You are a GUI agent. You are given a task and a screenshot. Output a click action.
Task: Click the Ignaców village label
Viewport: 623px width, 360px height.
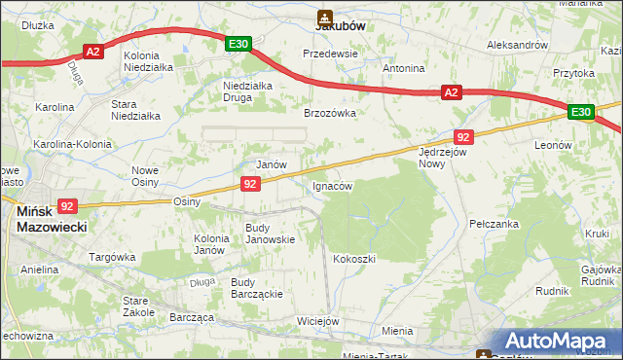point(332,185)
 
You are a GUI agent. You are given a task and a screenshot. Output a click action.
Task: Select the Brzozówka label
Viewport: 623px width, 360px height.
point(330,113)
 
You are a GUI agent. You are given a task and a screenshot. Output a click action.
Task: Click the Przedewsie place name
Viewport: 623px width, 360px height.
point(331,54)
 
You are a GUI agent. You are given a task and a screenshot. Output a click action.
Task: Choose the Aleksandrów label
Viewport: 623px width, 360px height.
point(518,45)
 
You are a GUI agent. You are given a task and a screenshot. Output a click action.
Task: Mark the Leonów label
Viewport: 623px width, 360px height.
point(553,145)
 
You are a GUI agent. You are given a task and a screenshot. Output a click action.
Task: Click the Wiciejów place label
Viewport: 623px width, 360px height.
point(317,321)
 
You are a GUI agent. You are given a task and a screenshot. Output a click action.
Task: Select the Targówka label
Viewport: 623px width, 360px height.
point(112,257)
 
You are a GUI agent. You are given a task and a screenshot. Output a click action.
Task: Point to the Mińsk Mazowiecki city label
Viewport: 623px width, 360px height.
point(52,219)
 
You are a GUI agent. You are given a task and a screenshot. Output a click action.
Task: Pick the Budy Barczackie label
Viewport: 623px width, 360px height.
point(256,289)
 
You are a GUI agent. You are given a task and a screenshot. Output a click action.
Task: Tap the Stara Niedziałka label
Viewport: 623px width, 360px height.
point(135,109)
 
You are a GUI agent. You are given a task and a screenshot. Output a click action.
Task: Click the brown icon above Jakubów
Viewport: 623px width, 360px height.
point(324,17)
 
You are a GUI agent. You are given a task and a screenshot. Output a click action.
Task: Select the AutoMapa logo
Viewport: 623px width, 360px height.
point(557,341)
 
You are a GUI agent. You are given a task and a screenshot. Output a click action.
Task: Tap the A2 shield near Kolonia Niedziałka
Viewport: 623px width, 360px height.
point(93,52)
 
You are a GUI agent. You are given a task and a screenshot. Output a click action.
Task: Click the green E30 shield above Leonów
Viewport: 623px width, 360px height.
point(581,113)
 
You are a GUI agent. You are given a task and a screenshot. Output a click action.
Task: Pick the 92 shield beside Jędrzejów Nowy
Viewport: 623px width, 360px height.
point(463,137)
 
